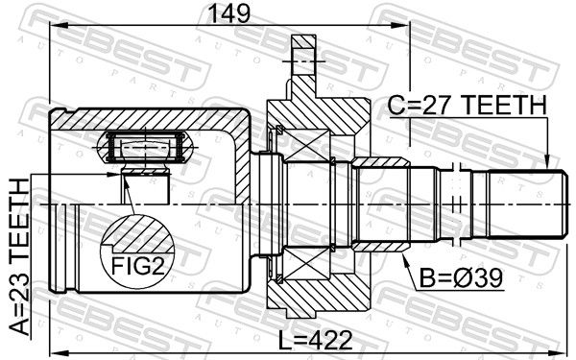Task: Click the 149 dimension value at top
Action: coord(228,13)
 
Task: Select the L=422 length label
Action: coord(315,340)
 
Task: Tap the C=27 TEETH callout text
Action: coord(468,105)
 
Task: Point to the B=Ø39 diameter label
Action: coord(461,278)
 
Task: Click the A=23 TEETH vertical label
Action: coord(19,257)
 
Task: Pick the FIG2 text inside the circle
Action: coord(137,266)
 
